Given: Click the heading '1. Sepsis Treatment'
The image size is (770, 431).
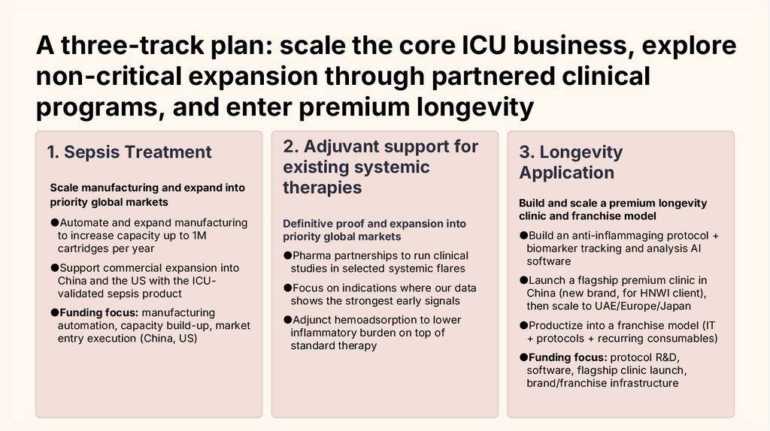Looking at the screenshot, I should pyautogui.click(x=129, y=152).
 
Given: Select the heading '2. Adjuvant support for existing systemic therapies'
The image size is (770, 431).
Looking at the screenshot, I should pyautogui.click(x=380, y=167).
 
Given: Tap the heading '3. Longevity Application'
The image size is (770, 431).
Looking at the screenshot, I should pyautogui.click(x=571, y=162).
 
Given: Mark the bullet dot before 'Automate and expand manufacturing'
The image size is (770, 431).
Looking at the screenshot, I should pyautogui.click(x=54, y=222).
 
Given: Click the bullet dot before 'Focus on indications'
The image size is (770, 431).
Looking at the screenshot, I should pyautogui.click(x=287, y=288).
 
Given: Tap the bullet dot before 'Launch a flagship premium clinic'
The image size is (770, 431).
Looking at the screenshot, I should pyautogui.click(x=523, y=280).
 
